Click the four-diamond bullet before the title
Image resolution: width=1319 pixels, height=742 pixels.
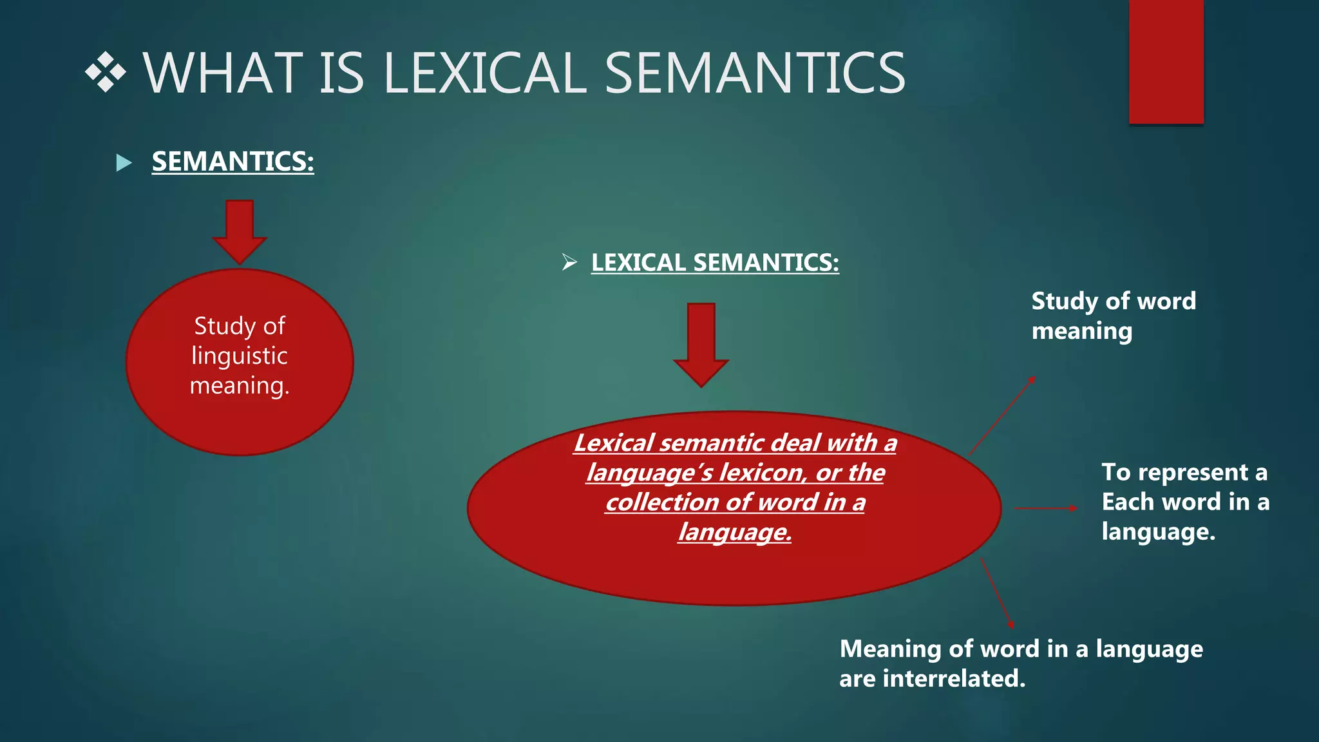(x=105, y=72)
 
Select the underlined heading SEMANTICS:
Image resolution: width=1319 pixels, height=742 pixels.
(x=232, y=162)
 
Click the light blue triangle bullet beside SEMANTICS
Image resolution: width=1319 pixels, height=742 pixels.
(x=124, y=162)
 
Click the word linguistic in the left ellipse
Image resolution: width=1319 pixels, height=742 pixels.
(x=240, y=356)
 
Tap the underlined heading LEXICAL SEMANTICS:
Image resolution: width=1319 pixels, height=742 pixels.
(x=715, y=263)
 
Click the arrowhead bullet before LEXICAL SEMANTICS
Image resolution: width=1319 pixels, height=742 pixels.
(x=569, y=262)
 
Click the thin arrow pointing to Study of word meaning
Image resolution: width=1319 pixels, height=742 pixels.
(x=1002, y=416)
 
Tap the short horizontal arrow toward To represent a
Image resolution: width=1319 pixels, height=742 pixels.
(x=1046, y=508)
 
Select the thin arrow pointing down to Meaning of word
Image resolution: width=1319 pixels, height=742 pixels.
(x=997, y=593)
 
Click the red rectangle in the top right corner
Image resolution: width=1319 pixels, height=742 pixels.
(x=1166, y=61)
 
